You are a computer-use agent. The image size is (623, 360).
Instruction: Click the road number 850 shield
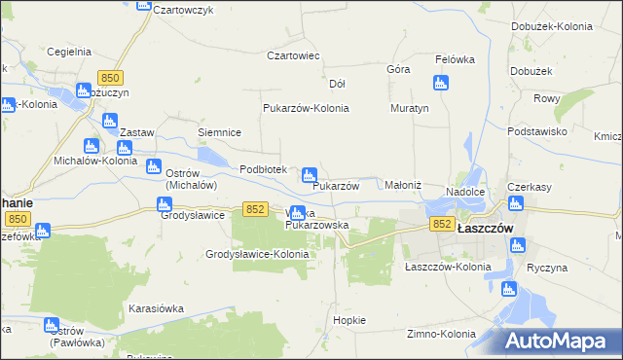(111, 78)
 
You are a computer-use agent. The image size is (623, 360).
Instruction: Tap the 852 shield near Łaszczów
(442, 224)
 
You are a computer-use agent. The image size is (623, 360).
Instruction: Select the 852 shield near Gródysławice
(256, 209)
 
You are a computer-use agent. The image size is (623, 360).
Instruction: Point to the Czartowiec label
(294, 55)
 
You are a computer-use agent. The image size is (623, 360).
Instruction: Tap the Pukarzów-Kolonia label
(306, 108)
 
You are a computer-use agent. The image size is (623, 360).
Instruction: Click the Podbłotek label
(264, 169)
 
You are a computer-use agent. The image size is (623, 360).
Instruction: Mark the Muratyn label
(409, 108)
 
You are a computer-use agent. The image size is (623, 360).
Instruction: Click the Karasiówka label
(156, 307)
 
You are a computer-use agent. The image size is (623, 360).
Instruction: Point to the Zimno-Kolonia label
(440, 334)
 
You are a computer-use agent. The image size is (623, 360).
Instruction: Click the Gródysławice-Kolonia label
(257, 254)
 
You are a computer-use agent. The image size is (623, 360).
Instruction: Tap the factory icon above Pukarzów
(310, 173)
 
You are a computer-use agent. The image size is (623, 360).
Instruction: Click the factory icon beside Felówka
(441, 83)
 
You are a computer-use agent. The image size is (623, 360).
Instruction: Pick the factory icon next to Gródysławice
(164, 204)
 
